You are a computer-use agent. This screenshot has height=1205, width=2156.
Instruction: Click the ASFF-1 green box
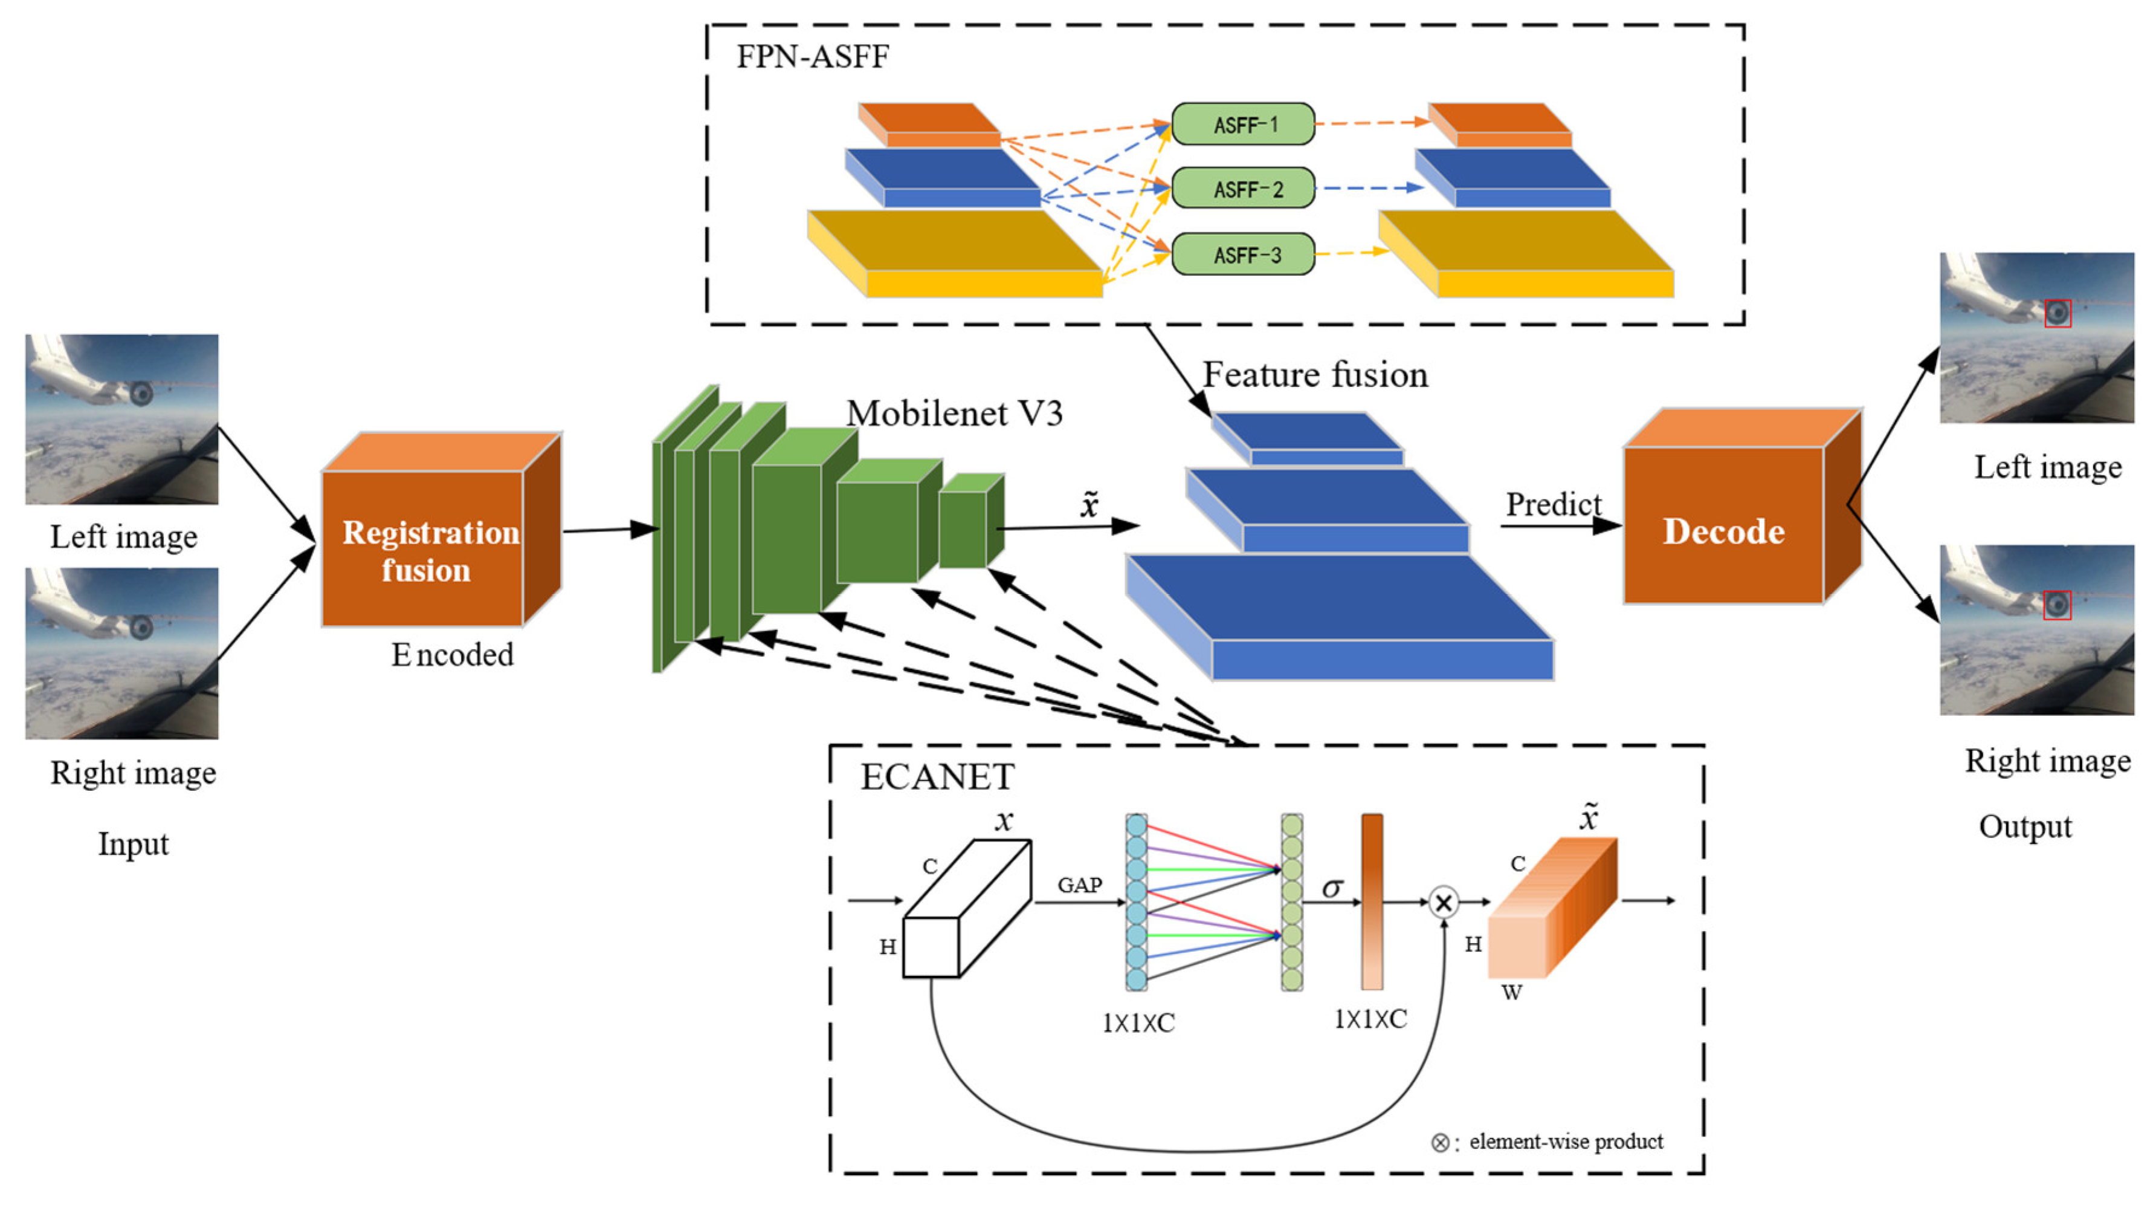(1243, 124)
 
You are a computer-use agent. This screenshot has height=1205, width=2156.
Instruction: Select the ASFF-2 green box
(1243, 189)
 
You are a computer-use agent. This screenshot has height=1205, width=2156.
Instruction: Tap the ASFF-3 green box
(1243, 255)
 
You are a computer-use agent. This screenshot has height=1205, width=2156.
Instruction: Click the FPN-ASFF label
(812, 57)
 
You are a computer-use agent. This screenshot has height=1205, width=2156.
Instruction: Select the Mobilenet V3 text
(954, 413)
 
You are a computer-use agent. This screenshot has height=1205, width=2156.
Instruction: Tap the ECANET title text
(937, 777)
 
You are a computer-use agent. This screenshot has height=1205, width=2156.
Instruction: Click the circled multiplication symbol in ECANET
(1443, 903)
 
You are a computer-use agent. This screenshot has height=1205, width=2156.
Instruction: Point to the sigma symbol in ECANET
(1332, 887)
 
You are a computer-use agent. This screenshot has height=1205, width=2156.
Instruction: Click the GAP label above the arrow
(1080, 885)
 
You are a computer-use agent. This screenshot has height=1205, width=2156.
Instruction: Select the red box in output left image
(2058, 313)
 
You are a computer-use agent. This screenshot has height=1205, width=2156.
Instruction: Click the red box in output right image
(2056, 605)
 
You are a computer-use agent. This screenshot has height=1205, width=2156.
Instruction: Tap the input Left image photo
(122, 418)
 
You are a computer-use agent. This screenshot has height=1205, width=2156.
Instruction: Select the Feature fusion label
(1315, 374)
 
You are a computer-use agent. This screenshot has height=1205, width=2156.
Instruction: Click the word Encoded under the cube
(452, 654)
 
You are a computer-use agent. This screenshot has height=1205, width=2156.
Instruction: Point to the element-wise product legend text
(1565, 1142)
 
